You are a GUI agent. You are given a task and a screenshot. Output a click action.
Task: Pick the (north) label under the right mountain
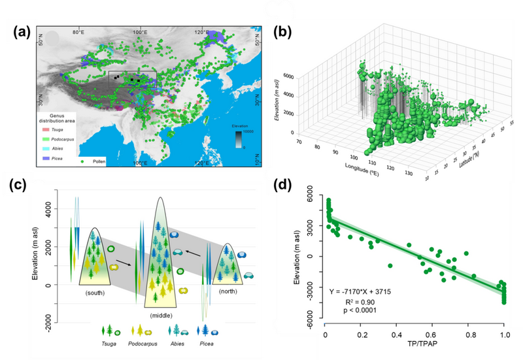[x=228, y=289]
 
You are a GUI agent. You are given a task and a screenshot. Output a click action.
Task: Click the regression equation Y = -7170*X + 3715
[x=380, y=290]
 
